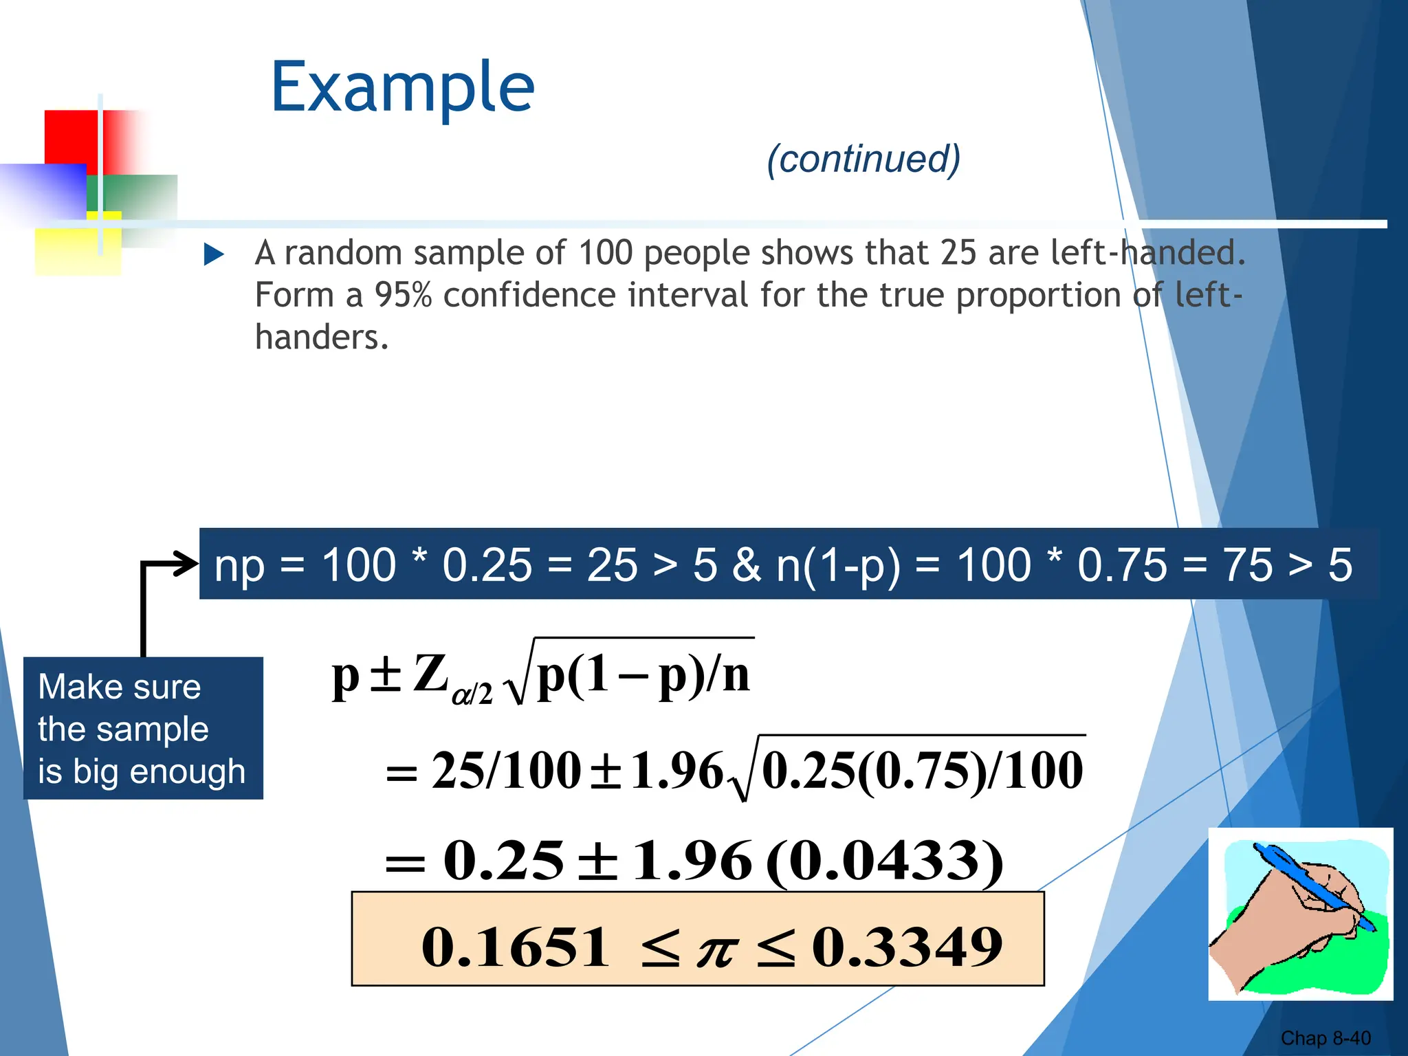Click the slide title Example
coord(403,88)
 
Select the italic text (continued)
coord(863,159)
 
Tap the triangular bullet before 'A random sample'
coord(214,255)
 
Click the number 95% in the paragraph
coord(403,295)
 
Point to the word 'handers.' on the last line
coord(322,337)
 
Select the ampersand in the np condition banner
coord(746,565)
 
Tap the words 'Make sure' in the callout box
coord(120,687)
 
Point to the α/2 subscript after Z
coord(472,693)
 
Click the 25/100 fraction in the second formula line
coord(506,770)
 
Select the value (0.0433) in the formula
coord(883,861)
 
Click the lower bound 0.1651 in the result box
coord(516,947)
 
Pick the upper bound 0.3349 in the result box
coord(907,947)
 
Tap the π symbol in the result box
coord(716,951)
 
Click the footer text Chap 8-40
coord(1325,1038)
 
